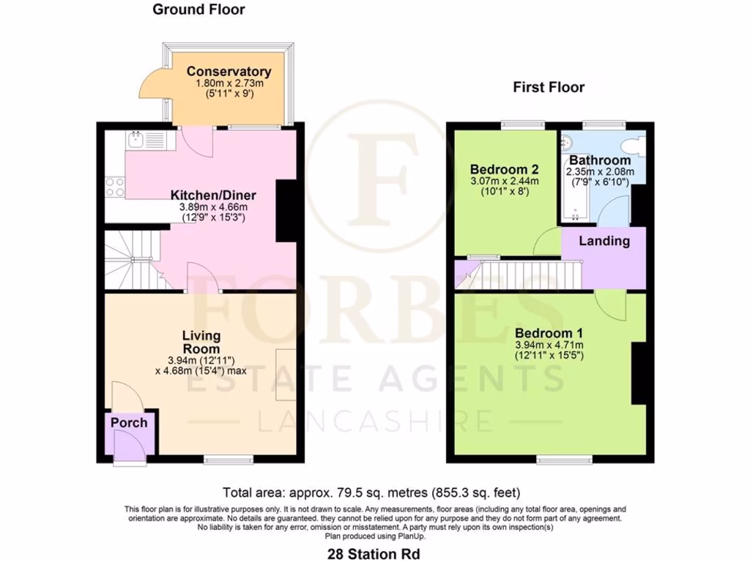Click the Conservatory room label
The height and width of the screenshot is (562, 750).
click(x=229, y=72)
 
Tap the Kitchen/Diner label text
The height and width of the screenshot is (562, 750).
click(x=213, y=195)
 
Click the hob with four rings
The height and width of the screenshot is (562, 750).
click(x=115, y=187)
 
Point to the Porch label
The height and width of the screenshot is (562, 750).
click(x=129, y=423)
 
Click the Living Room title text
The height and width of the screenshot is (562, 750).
click(x=201, y=342)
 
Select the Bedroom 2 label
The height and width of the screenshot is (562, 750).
click(x=504, y=166)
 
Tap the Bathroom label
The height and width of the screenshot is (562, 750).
click(x=600, y=160)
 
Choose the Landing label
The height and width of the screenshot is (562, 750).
click(x=604, y=241)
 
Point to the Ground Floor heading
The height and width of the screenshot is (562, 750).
click(x=198, y=10)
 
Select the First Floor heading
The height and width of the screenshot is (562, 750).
click(x=549, y=88)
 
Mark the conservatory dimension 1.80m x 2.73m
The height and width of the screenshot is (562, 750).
click(x=229, y=84)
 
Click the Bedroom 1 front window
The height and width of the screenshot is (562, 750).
click(x=564, y=460)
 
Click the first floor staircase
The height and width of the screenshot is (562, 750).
click(x=527, y=274)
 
